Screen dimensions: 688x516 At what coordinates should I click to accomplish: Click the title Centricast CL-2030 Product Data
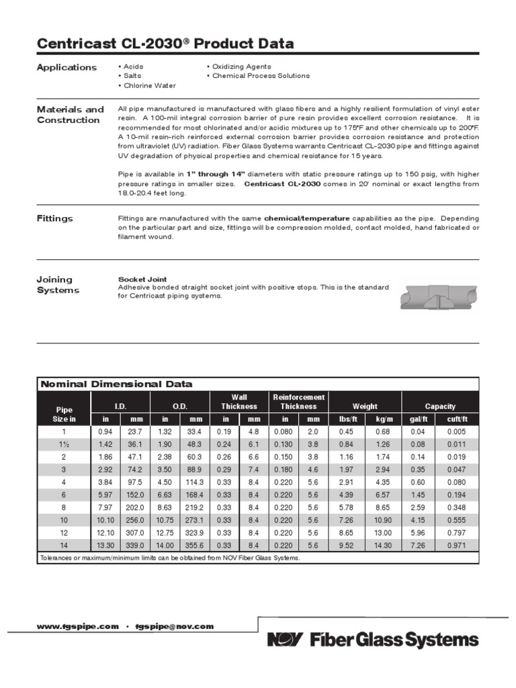coord(165,44)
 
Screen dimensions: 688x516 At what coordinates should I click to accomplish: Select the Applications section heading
coord(67,67)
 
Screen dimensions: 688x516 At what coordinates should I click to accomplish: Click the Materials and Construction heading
coord(70,114)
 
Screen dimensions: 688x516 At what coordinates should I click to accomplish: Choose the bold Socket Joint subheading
coord(142,278)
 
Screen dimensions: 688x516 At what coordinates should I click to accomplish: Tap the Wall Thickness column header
coord(239,402)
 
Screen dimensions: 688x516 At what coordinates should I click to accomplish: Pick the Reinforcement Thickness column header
coord(298,402)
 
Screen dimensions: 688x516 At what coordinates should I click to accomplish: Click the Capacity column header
coord(440,406)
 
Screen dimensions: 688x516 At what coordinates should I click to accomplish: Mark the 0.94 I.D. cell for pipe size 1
coord(105,431)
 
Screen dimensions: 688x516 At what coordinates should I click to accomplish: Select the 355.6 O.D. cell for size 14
coord(195,545)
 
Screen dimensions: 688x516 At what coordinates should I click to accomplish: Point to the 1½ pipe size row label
coord(64,444)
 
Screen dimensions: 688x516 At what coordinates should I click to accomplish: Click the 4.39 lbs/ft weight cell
coord(346,494)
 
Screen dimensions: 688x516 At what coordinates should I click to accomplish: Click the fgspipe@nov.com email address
coord(174,626)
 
